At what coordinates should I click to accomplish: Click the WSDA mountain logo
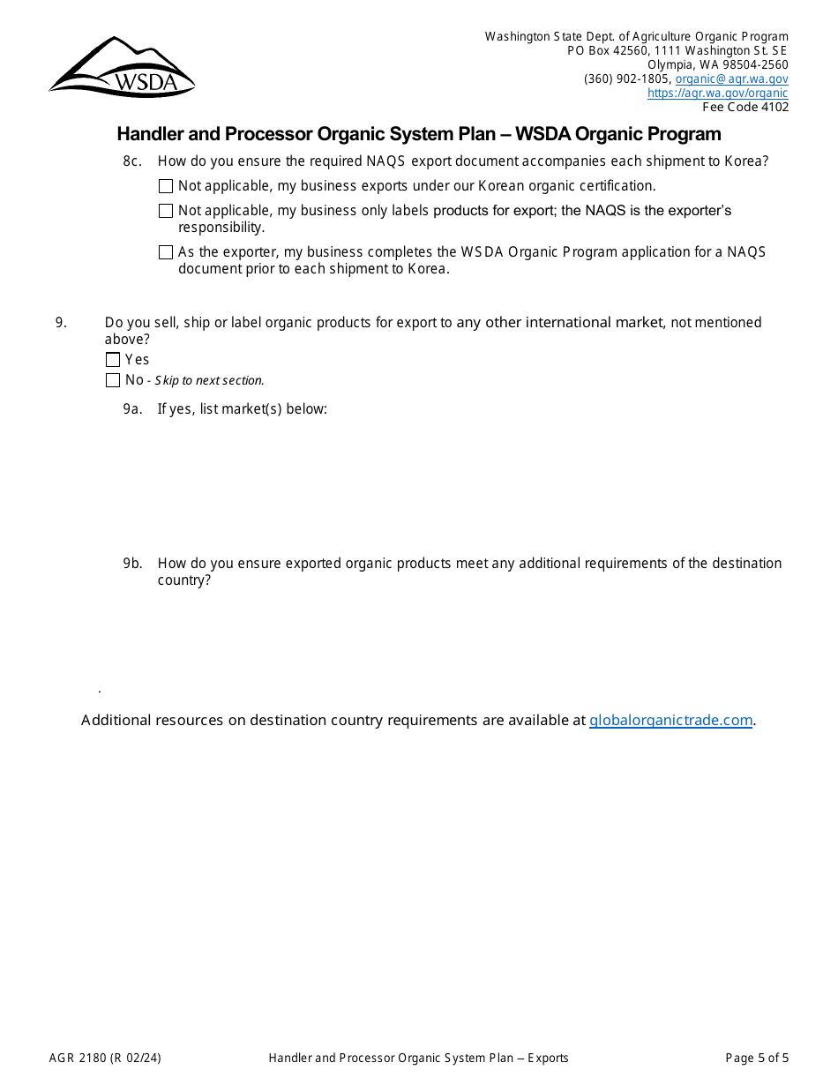(x=122, y=67)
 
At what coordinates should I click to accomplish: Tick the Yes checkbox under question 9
(x=113, y=360)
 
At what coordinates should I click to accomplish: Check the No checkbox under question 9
(x=113, y=380)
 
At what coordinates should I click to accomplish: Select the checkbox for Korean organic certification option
(x=166, y=186)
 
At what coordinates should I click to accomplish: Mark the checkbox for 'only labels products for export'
(x=166, y=211)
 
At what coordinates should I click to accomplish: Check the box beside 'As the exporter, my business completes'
(x=166, y=252)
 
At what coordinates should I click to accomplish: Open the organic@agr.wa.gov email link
(x=731, y=79)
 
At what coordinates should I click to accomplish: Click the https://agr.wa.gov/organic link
(x=717, y=93)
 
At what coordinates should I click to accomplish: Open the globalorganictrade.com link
(x=670, y=720)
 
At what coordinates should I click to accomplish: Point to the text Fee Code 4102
(x=745, y=107)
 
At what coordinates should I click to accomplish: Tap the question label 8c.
(x=132, y=161)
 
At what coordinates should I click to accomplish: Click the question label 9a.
(x=132, y=408)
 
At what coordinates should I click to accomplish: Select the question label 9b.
(x=132, y=563)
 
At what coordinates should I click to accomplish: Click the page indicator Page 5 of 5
(x=757, y=1058)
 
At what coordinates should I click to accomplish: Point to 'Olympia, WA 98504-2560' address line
(x=718, y=64)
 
